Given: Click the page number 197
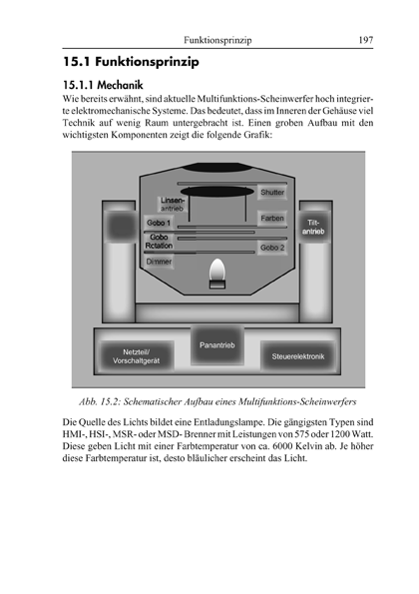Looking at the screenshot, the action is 366,40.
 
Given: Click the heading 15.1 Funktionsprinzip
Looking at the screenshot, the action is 131,62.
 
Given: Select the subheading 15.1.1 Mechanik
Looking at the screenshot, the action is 103,85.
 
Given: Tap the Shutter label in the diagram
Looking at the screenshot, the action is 272,193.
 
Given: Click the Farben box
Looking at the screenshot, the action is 272,219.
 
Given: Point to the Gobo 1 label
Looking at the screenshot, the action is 159,223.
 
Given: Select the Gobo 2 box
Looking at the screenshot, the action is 272,248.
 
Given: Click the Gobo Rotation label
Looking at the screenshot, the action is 159,242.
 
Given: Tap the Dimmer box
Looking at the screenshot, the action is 159,262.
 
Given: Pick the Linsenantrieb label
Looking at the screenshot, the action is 173,205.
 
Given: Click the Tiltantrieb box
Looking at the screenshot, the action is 313,227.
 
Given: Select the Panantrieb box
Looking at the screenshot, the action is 216,345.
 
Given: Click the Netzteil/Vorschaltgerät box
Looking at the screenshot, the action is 137,356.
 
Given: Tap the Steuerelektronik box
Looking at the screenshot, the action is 298,356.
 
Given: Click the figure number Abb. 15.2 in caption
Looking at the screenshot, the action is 101,402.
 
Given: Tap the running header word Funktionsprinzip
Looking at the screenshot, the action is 217,40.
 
